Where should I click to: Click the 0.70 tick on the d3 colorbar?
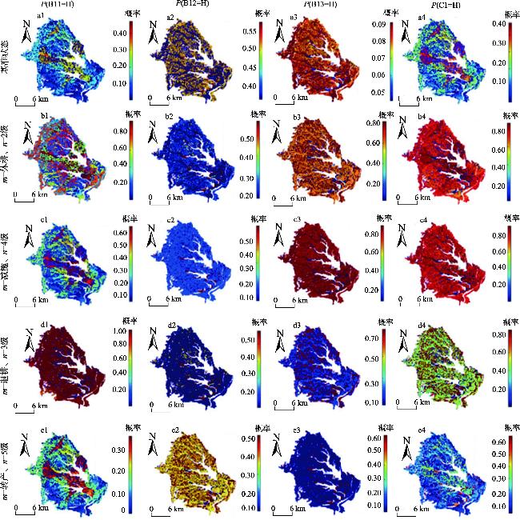[371, 339]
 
